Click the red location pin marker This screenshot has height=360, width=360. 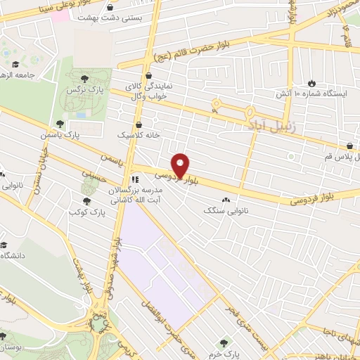click(x=181, y=166)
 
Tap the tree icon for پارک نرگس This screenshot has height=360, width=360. click(x=86, y=78)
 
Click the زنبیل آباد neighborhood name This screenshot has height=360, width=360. click(x=266, y=125)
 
